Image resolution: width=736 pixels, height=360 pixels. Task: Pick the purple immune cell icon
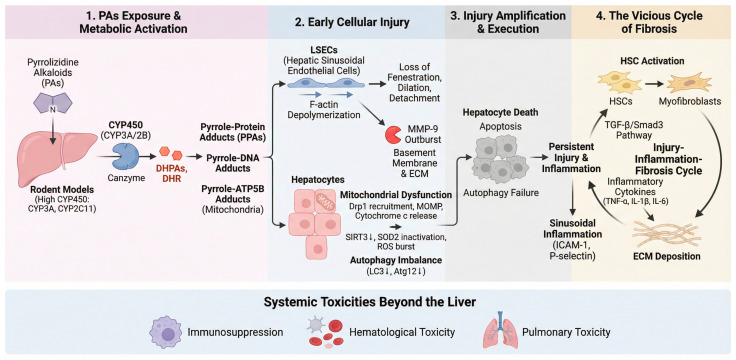(x=165, y=332)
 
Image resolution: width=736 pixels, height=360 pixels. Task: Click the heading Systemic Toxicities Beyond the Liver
(x=368, y=302)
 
